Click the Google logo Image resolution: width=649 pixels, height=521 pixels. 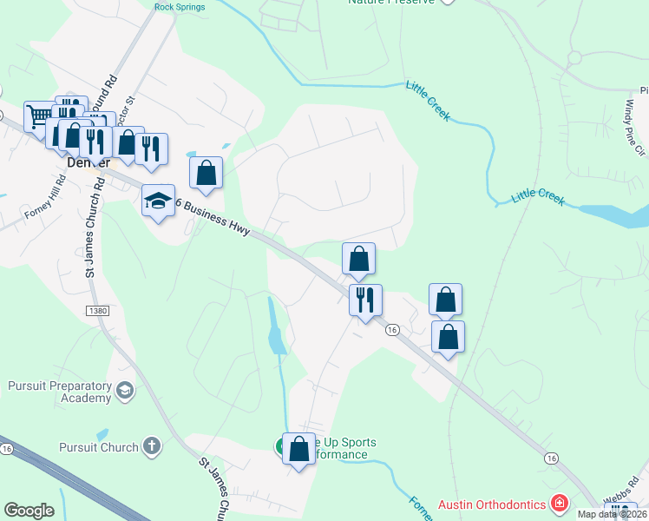29,511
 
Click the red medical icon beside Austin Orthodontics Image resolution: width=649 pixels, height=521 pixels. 560,504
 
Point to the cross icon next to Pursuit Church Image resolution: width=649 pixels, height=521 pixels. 152,447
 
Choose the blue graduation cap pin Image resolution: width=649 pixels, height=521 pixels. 158,201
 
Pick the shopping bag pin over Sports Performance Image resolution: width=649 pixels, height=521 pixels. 298,449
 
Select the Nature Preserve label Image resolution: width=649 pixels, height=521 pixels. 390,3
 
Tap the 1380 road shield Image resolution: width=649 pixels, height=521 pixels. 99,309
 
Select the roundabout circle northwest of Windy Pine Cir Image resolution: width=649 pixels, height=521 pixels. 574,58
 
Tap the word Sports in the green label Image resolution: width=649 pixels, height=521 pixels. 353,443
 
